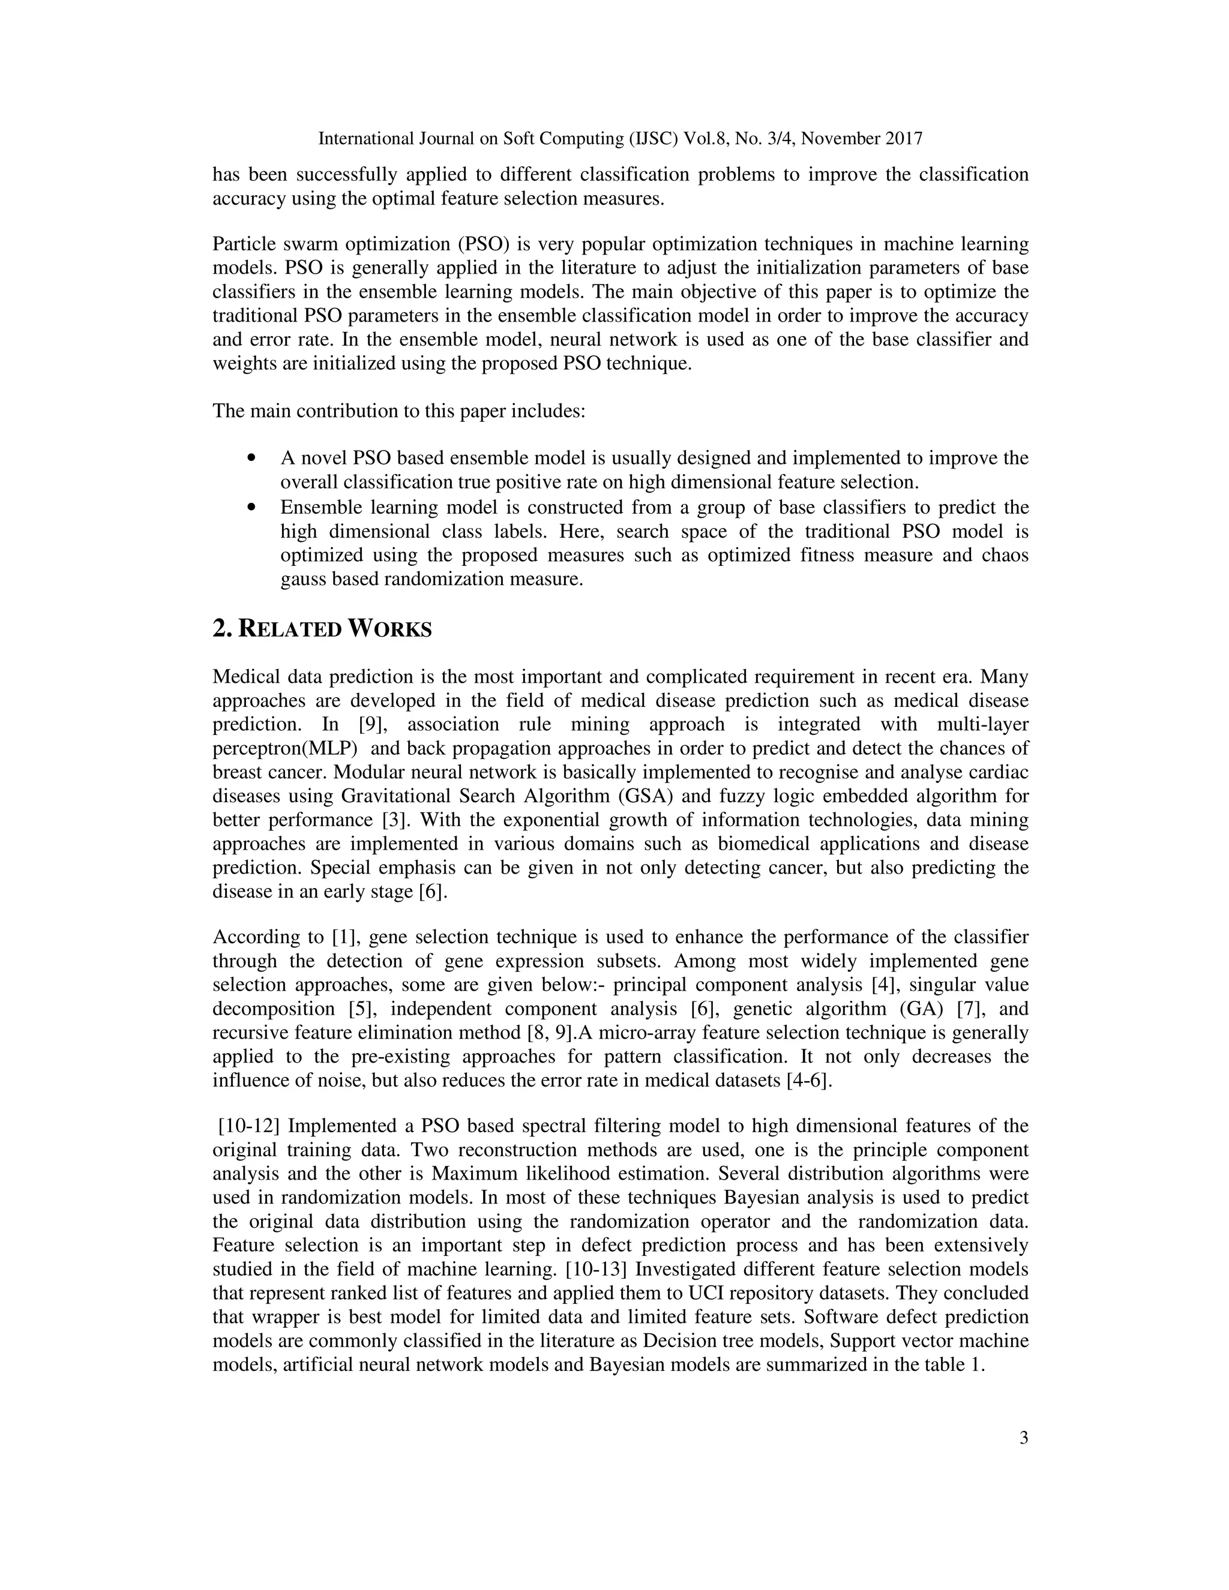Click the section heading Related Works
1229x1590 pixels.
click(322, 629)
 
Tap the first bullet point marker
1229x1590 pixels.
click(253, 458)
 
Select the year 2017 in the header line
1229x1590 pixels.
click(904, 139)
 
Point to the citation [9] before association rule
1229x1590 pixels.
click(376, 724)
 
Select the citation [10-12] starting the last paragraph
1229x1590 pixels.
click(249, 1126)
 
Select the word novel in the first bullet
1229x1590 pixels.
click(323, 458)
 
